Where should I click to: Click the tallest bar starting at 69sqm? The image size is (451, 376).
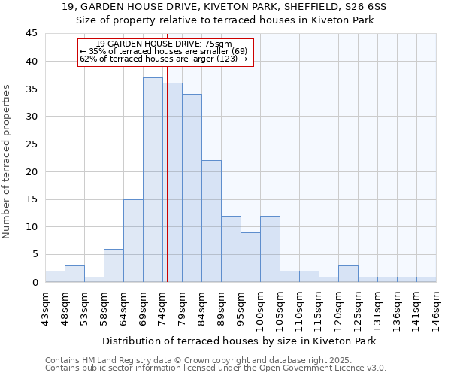pyautogui.click(x=153, y=180)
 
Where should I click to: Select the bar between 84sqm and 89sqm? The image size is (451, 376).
pyautogui.click(x=211, y=221)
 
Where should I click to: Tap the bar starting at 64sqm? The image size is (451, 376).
pyautogui.click(x=133, y=241)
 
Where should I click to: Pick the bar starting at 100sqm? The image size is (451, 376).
pyautogui.click(x=270, y=249)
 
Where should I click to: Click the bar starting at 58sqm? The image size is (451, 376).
pyautogui.click(x=114, y=265)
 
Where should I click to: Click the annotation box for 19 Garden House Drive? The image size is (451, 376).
pyautogui.click(x=165, y=52)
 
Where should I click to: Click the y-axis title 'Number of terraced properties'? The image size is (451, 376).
pyautogui.click(x=8, y=162)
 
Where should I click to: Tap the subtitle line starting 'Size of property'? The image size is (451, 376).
pyautogui.click(x=225, y=20)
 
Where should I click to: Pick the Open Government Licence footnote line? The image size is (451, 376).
pyautogui.click(x=216, y=368)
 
